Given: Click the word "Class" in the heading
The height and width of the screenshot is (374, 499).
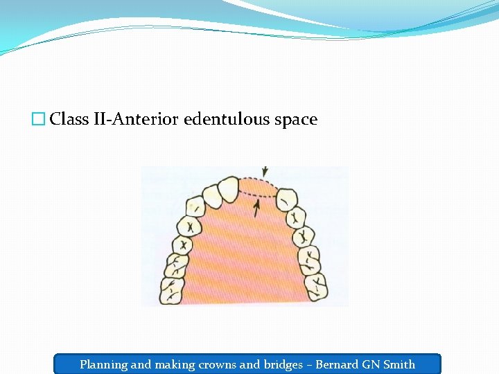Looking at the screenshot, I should (x=69, y=119).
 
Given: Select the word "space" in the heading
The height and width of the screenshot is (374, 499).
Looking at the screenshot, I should (x=297, y=119).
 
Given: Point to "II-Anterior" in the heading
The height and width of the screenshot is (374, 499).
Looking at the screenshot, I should (x=136, y=119).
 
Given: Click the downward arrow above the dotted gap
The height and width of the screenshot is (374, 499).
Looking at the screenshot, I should (x=264, y=171).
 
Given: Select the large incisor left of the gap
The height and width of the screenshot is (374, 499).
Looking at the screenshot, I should (x=228, y=190).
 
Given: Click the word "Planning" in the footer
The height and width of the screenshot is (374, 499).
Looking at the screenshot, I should (x=103, y=364).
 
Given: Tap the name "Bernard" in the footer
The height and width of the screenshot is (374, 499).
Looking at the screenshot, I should (x=338, y=364).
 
